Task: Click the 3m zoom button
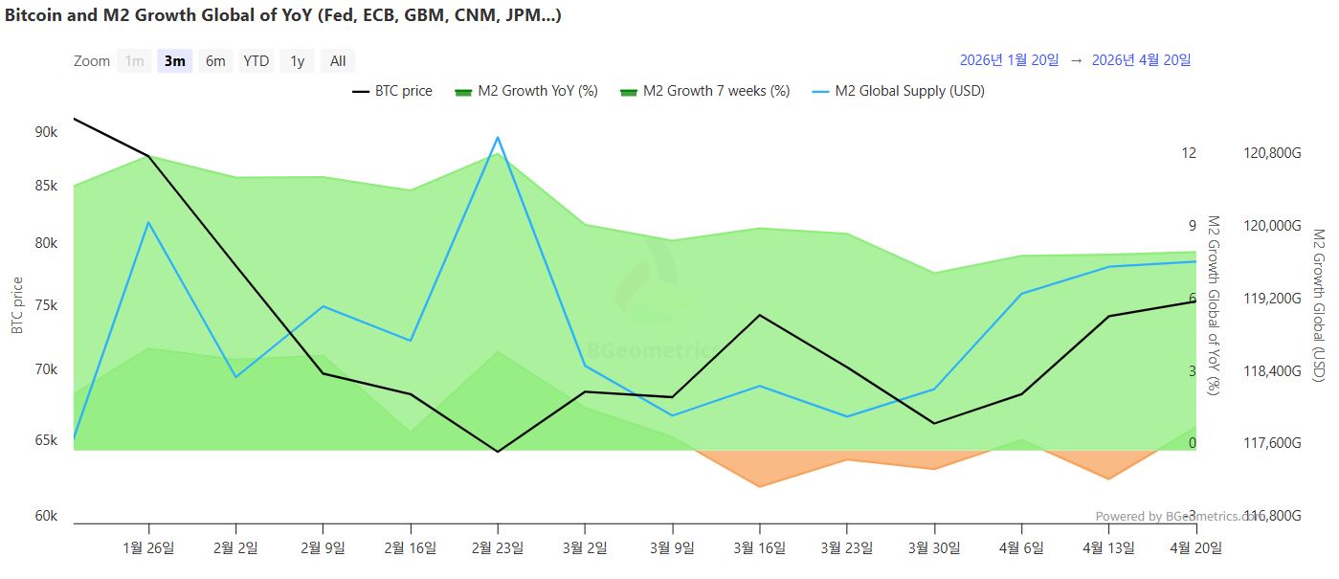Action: tap(175, 61)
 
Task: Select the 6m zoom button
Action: tap(215, 61)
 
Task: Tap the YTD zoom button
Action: tap(256, 61)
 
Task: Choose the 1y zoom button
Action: tap(298, 61)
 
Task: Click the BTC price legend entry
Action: tap(392, 91)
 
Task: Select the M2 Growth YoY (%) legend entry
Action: tap(525, 91)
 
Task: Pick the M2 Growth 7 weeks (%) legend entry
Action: tap(705, 91)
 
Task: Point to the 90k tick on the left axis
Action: tap(46, 132)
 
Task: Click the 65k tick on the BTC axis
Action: tap(46, 440)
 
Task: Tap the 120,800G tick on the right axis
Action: tap(1272, 153)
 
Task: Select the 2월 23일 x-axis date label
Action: tap(498, 547)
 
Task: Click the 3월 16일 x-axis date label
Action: tap(760, 547)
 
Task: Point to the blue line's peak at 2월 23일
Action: tap(498, 138)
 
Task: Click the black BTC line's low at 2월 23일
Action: tap(498, 451)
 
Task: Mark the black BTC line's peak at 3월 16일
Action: tap(760, 315)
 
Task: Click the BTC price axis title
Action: tap(17, 305)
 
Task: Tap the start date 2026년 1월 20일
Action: tap(1009, 60)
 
